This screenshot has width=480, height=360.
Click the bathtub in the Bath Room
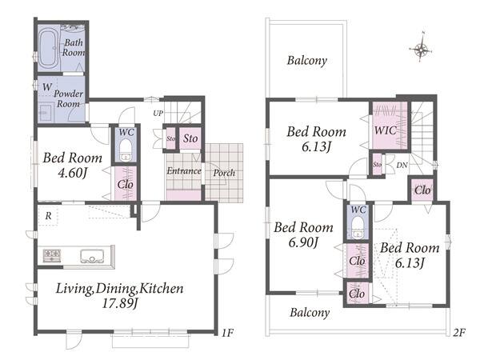click(48, 49)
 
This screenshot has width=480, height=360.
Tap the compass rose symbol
click(421, 48)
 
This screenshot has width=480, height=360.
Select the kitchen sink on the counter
click(92, 256)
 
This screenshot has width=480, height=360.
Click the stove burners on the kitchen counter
click(52, 256)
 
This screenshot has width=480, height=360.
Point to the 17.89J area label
click(120, 303)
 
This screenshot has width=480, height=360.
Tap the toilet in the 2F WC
click(357, 227)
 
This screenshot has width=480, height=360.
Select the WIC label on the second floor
click(386, 130)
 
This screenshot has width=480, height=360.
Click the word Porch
click(224, 173)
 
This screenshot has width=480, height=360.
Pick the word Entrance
click(184, 170)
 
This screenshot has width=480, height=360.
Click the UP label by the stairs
click(158, 114)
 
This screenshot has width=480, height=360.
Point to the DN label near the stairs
click(402, 166)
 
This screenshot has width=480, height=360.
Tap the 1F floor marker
click(227, 333)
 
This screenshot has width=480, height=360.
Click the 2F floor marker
click(459, 333)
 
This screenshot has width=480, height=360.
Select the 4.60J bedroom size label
click(73, 174)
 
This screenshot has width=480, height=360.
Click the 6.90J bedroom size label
click(303, 242)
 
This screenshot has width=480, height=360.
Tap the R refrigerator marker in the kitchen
click(48, 216)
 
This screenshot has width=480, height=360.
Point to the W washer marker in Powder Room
click(47, 87)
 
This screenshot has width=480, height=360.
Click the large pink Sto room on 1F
click(190, 138)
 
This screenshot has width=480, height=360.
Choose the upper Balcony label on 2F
click(306, 60)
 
